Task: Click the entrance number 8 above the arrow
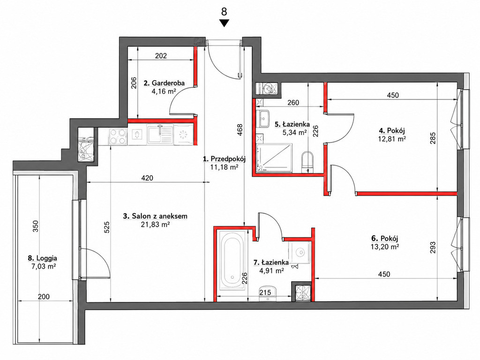[224, 12]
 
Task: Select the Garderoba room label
[164, 82]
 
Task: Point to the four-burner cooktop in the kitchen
[118, 136]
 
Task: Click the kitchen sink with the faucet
[160, 135]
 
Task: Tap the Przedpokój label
[225, 159]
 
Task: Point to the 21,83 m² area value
[155, 225]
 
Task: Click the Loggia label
[42, 258]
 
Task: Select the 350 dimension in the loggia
[36, 226]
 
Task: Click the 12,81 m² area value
[392, 139]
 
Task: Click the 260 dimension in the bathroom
[293, 103]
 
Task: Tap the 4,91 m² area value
[271, 270]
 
